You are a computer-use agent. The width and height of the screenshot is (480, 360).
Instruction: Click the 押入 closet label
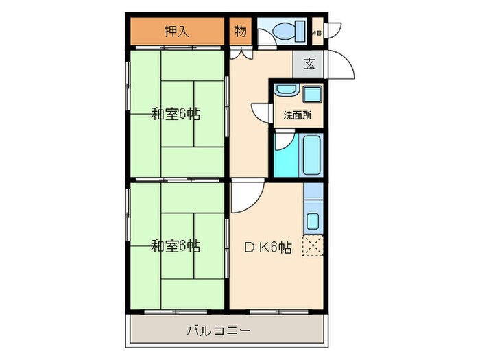tap(176, 31)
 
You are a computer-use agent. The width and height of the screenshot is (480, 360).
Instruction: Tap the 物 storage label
tap(240, 31)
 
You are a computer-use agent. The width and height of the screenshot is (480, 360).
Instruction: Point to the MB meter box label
tap(317, 32)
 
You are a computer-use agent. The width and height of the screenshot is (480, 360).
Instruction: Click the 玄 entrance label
tap(309, 65)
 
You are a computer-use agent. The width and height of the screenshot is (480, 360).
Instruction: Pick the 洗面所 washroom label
tap(298, 115)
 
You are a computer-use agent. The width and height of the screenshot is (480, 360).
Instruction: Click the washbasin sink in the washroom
tap(285, 91)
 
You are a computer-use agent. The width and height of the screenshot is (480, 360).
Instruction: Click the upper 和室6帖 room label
tap(176, 114)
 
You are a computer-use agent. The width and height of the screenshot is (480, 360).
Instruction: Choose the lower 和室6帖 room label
tap(176, 245)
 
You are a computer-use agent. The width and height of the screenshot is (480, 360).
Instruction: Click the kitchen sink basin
tap(313, 221)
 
